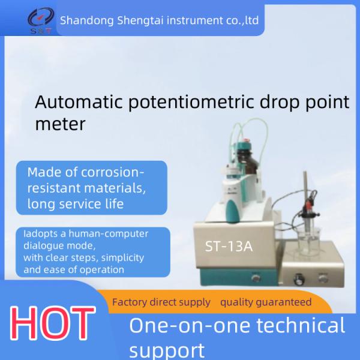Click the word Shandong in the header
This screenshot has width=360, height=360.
[85, 21]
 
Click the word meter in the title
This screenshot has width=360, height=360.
[60, 124]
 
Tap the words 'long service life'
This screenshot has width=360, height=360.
[76, 204]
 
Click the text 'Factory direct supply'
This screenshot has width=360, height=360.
[161, 302]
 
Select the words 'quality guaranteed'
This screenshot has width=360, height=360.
[266, 302]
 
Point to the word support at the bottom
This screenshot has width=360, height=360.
[167, 350]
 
